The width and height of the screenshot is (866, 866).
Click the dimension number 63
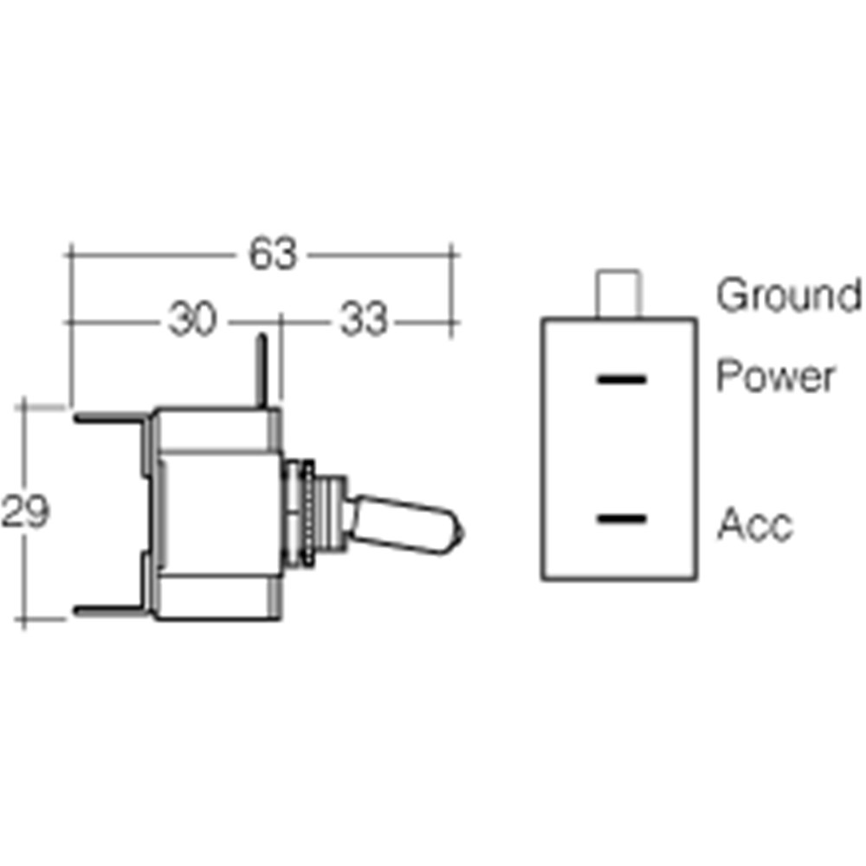click(273, 254)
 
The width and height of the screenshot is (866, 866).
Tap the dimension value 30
click(191, 319)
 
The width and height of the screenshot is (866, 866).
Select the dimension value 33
click(364, 319)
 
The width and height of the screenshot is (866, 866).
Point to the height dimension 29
click(25, 511)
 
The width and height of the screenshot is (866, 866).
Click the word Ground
click(789, 295)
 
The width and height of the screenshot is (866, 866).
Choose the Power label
click(775, 376)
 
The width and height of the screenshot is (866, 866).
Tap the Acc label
click(755, 524)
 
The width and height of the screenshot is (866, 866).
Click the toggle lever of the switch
click(406, 524)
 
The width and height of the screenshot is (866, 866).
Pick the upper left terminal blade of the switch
click(111, 418)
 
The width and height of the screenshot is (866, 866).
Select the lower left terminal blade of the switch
click(111, 611)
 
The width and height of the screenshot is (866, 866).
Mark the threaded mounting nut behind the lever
click(308, 514)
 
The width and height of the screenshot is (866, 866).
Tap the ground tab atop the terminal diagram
click(618, 294)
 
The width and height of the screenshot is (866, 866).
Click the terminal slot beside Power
click(622, 379)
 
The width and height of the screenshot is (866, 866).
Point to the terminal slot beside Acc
click(622, 519)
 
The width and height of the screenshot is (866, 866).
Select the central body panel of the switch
click(220, 514)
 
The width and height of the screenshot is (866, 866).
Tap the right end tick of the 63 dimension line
click(452, 255)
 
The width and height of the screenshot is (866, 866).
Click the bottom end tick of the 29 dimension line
click(23, 619)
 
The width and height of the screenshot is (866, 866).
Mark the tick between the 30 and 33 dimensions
click(281, 322)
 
